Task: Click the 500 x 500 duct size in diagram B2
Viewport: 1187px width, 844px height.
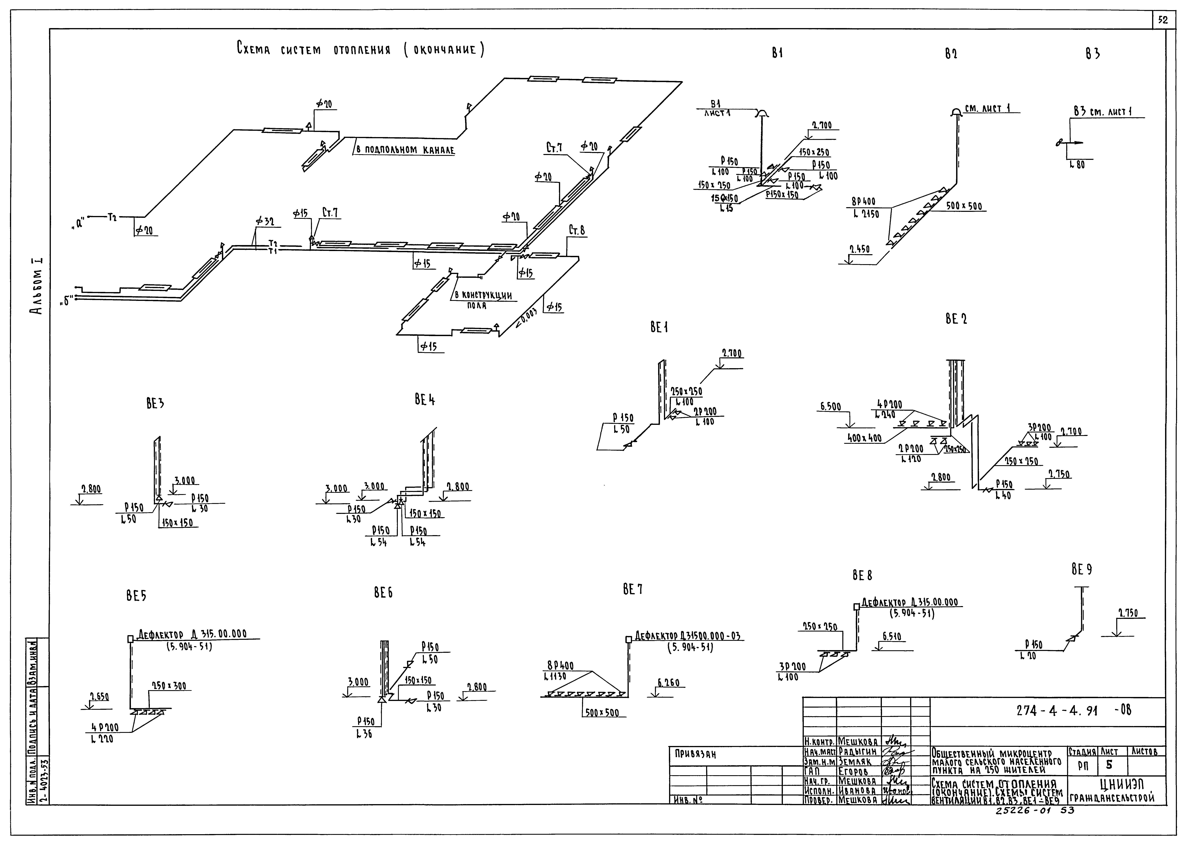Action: pos(964,206)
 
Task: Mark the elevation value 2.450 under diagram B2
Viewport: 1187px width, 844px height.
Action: pos(860,249)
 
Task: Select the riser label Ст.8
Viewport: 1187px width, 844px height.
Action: pos(577,231)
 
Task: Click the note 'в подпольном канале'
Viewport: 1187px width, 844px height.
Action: pos(405,150)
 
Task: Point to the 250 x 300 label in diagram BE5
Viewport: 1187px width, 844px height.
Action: pos(169,686)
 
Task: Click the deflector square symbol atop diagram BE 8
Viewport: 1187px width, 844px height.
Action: pos(857,606)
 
